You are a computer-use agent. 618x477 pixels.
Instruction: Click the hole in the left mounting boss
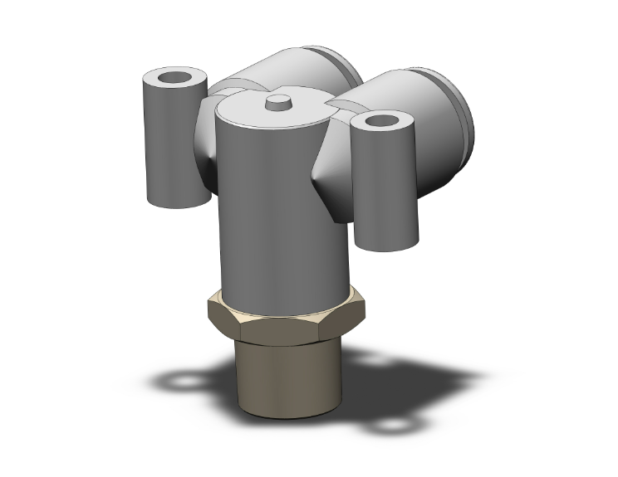coord(174,80)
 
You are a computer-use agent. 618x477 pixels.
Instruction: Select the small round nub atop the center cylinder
coord(277,102)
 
